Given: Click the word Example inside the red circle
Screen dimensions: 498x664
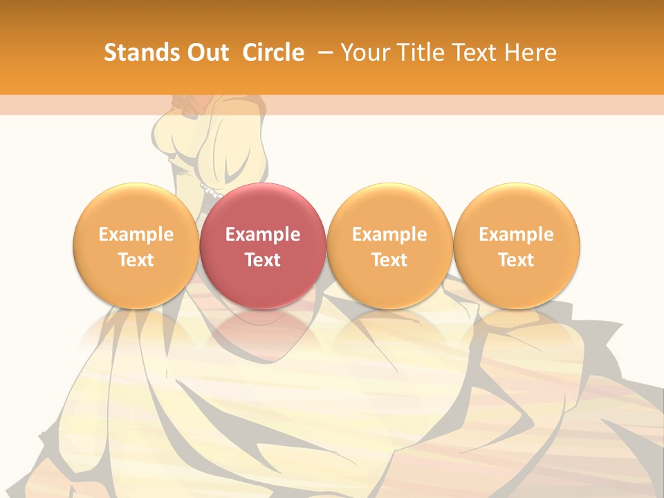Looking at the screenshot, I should (263, 235).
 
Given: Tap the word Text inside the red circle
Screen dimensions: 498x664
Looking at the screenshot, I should (263, 260).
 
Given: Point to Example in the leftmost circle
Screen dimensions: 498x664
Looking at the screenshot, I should (136, 235).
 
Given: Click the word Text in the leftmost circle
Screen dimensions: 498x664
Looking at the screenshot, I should (136, 260).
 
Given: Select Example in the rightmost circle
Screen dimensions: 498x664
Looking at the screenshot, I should (516, 235).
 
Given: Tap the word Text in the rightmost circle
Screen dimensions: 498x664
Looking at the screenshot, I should (516, 260).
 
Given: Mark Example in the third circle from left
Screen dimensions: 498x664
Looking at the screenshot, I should (389, 235).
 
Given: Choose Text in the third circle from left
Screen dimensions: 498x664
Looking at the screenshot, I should (389, 260).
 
